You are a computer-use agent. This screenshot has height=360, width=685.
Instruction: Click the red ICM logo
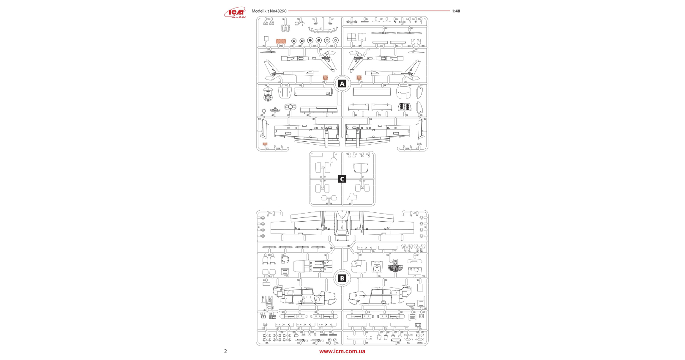235,13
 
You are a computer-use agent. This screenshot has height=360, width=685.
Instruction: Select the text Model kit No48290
269,11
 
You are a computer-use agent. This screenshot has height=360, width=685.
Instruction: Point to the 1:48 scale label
456,11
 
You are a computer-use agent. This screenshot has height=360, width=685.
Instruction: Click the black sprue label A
342,84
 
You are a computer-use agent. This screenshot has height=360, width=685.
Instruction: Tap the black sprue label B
342,278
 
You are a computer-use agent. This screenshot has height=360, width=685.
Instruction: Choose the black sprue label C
342,179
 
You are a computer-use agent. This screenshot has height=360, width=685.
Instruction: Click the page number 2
225,351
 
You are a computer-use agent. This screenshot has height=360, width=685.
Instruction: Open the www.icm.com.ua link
342,351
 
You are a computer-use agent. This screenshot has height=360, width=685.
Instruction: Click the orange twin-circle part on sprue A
281,41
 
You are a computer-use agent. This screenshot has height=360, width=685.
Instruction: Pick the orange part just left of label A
325,78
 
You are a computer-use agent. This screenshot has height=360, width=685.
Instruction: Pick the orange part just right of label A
359,78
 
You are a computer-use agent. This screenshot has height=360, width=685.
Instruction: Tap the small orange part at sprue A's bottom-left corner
265,144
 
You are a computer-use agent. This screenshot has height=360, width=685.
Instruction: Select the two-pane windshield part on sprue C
361,167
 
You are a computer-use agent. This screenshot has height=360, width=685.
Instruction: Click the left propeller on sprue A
384,32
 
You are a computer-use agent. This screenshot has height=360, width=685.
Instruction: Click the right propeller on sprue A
410,32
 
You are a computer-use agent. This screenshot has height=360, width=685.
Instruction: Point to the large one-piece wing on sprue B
342,224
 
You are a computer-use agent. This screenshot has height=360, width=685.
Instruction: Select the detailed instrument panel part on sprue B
395,266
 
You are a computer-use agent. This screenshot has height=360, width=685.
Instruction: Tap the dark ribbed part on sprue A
403,107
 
